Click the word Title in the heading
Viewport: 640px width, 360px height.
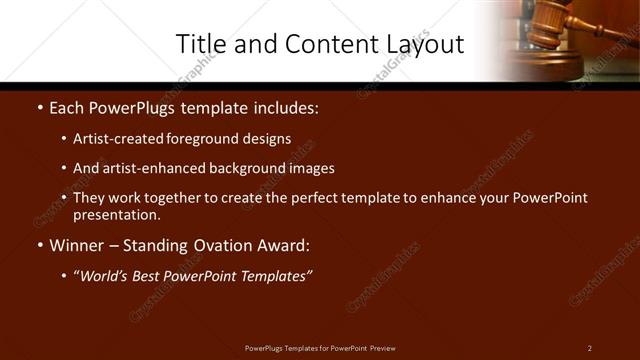(x=200, y=44)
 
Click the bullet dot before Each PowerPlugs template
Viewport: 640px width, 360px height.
(x=39, y=107)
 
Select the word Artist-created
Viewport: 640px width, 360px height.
(x=118, y=139)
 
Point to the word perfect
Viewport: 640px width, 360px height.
(x=296, y=198)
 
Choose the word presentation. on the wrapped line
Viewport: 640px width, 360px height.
(x=117, y=214)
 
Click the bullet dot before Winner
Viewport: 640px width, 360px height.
(x=39, y=245)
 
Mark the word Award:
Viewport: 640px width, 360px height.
(x=283, y=245)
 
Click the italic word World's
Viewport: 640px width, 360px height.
(x=105, y=275)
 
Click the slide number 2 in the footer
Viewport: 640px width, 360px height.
(x=590, y=347)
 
